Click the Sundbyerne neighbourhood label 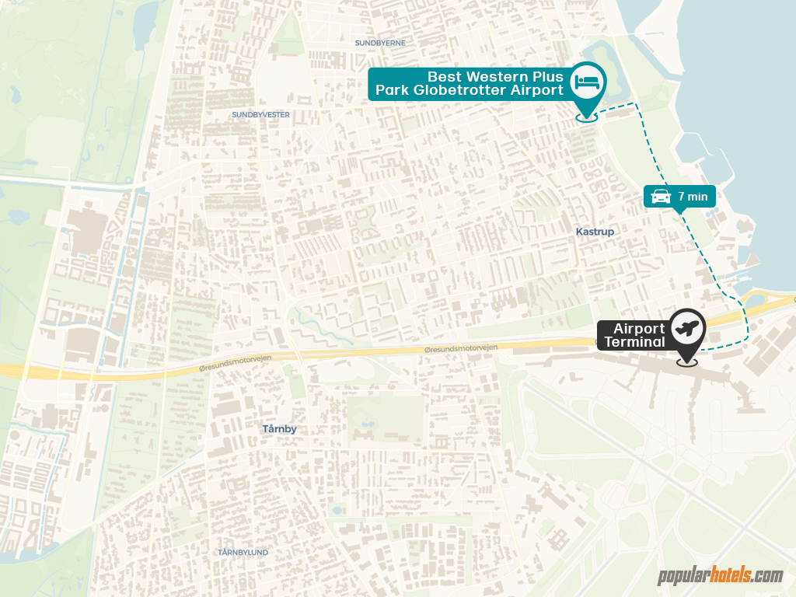[x=380, y=43]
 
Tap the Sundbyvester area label [x=260, y=114]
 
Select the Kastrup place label [x=595, y=232]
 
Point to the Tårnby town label [x=279, y=428]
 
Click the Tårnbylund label [x=243, y=552]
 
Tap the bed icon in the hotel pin [x=588, y=80]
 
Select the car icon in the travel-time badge [x=660, y=197]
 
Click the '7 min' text [x=693, y=197]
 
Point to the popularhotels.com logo [x=720, y=576]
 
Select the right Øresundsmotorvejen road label [x=462, y=351]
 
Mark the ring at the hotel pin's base [x=587, y=118]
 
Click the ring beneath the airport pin [x=686, y=361]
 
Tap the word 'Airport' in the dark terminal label [x=639, y=329]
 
